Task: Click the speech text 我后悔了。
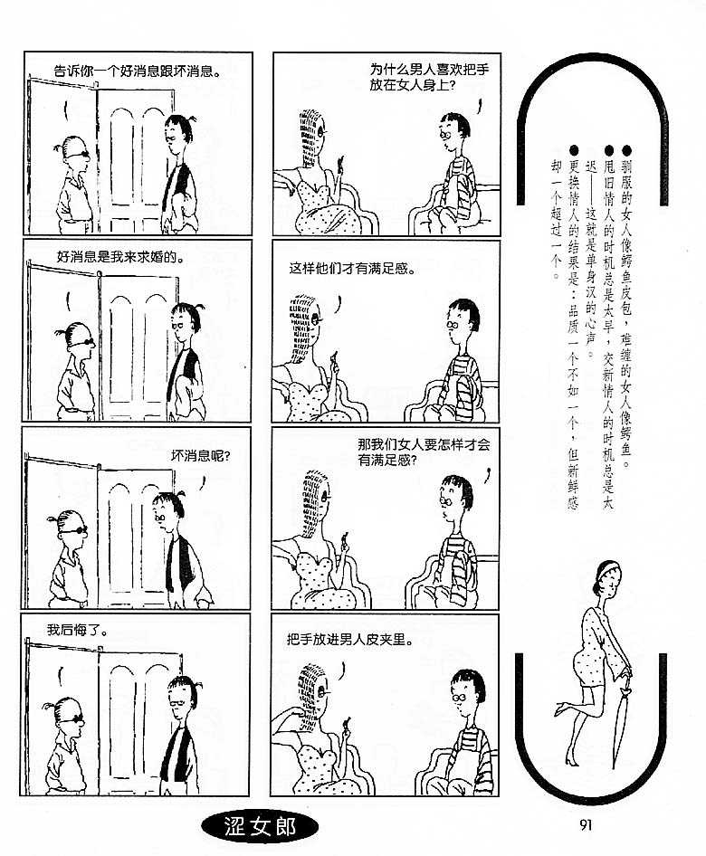click(x=77, y=631)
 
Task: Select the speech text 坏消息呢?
click(x=200, y=456)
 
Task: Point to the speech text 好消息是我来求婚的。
click(x=120, y=257)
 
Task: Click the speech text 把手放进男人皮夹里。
click(x=350, y=639)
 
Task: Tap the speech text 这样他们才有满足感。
click(x=353, y=268)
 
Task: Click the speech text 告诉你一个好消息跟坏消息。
click(x=138, y=71)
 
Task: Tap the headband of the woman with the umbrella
click(x=603, y=569)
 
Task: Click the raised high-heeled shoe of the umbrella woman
click(x=559, y=709)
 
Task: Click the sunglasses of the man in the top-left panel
click(x=78, y=155)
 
